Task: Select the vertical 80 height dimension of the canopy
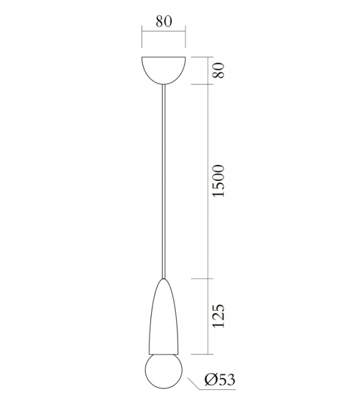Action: [x=218, y=70]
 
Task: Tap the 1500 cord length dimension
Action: [x=218, y=181]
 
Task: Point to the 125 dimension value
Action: [x=218, y=317]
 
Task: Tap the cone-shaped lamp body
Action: [x=163, y=320]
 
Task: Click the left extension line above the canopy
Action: [x=142, y=41]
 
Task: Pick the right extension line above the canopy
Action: [x=186, y=41]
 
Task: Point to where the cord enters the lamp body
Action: [x=164, y=279]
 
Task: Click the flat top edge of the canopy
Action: [x=164, y=58]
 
